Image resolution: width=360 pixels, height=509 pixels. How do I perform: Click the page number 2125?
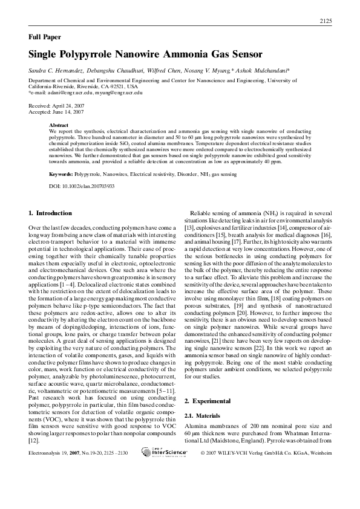tap(325, 22)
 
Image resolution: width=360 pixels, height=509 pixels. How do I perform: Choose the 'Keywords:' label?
tap(61, 174)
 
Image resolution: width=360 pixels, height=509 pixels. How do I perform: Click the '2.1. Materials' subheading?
tap(200, 416)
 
